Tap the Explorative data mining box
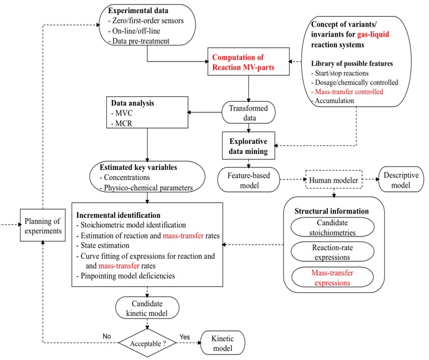249,144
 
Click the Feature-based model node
248,179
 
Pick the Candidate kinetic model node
147,308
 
